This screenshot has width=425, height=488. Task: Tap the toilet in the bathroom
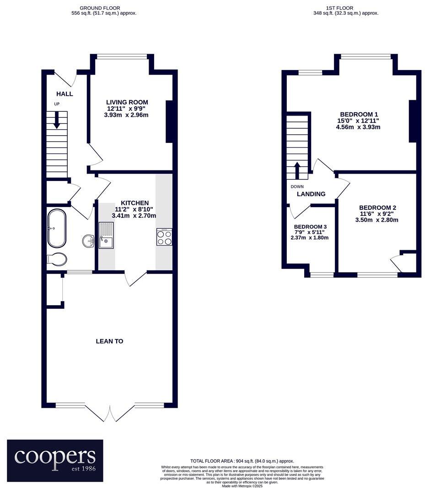click(x=57, y=259)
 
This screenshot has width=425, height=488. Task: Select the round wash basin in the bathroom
click(x=88, y=240)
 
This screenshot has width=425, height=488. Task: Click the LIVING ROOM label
click(x=127, y=102)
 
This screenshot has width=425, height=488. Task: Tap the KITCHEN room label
click(x=134, y=203)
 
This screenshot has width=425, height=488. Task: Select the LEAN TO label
click(x=109, y=341)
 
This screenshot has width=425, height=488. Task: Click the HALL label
click(x=65, y=94)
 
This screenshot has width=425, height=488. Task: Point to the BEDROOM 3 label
click(x=311, y=227)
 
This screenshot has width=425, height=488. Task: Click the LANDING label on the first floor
click(x=311, y=194)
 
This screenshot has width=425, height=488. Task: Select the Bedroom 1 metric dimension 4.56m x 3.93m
click(x=358, y=127)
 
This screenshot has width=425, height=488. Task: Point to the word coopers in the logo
click(x=55, y=456)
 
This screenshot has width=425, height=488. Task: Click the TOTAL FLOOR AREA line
click(x=242, y=461)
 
